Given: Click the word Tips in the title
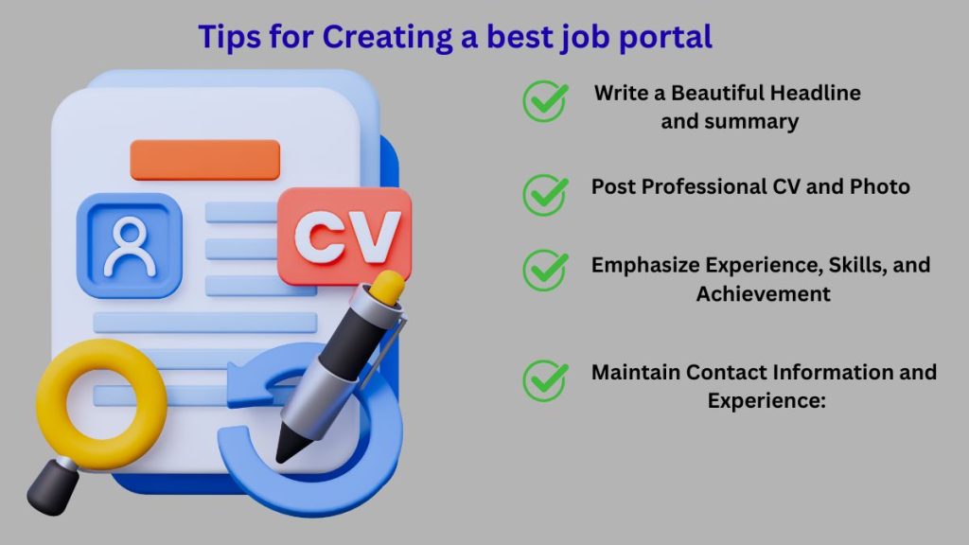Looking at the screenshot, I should click(226, 37).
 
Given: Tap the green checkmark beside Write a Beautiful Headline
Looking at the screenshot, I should click(545, 101).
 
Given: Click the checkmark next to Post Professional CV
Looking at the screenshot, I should click(545, 194).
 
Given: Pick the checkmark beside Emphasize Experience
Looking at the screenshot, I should click(545, 270).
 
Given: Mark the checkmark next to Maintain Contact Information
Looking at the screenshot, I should click(545, 380).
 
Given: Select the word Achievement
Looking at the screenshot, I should click(763, 294).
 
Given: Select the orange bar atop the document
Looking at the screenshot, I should click(204, 159).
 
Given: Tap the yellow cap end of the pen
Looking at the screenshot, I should click(388, 287).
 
